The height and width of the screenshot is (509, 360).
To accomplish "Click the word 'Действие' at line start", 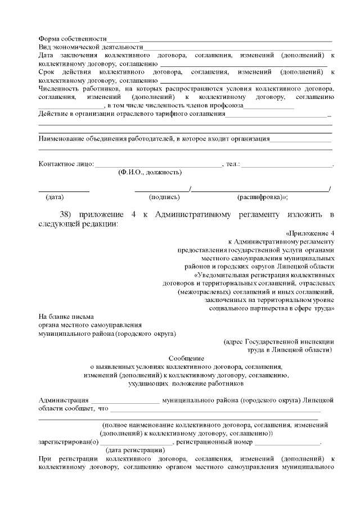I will tap(52, 115).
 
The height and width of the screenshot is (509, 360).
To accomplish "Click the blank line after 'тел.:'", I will tap(287, 165).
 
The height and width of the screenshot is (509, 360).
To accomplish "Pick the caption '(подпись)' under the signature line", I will tap(164, 197).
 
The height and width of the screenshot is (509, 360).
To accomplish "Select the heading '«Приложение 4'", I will tap(310, 233).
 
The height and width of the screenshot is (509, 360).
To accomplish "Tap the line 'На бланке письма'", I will tap(66, 317).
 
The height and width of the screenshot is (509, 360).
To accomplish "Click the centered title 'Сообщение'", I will tap(186, 358).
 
